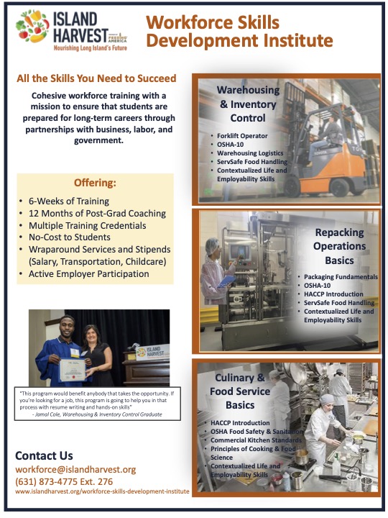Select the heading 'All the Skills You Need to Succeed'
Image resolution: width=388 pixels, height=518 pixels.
tap(96, 78)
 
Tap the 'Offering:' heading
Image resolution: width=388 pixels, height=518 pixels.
tap(96, 182)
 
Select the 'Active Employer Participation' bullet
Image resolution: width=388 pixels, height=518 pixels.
tap(93, 274)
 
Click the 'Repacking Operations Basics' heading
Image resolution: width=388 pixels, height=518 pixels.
tap(339, 246)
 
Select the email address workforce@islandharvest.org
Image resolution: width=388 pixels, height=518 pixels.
tap(75, 469)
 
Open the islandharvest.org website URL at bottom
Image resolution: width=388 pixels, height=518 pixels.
tap(102, 491)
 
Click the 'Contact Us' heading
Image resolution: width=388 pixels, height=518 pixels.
tap(44, 455)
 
